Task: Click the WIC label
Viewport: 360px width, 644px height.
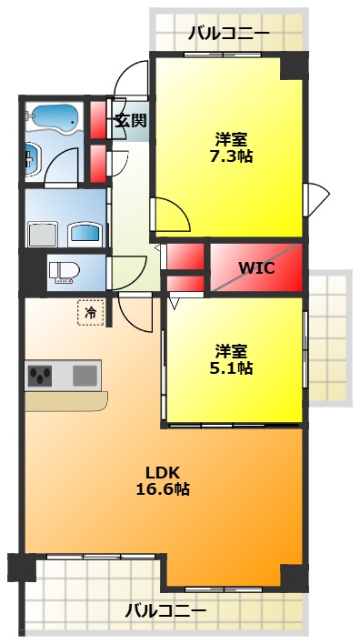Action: tap(256, 268)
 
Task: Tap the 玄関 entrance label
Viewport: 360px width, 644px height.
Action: tap(130, 120)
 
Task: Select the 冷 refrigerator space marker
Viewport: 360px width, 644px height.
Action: tap(90, 313)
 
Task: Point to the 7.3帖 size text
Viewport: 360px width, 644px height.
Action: tap(231, 156)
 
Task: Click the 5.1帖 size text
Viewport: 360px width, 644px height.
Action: tap(231, 367)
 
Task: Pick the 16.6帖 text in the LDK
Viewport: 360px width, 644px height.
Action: tap(163, 488)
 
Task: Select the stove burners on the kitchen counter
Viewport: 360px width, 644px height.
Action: tap(40, 376)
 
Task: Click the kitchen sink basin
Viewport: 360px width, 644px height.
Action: tap(85, 376)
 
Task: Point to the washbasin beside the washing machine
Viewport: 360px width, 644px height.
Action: tap(85, 234)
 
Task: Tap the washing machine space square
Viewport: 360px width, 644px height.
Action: tap(43, 235)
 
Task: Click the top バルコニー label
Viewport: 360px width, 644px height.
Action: tap(229, 34)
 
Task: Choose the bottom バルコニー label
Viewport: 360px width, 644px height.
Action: tap(165, 611)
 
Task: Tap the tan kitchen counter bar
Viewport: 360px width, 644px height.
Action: tap(66, 401)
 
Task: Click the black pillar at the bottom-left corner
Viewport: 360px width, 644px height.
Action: tap(22, 568)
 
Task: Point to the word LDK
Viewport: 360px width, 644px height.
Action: tap(163, 473)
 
